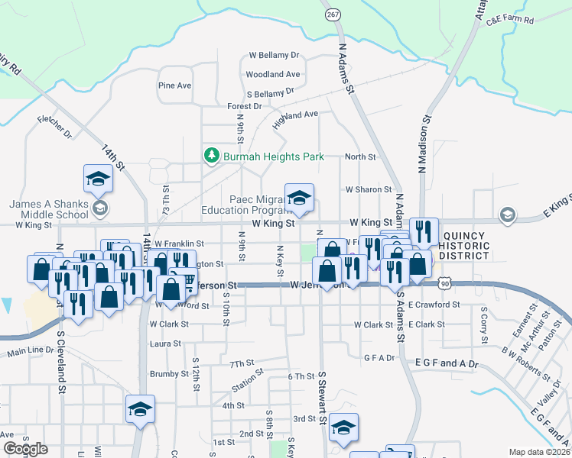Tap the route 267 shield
coord(333,15)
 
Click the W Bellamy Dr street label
coord(274,56)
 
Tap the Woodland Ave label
coord(272,75)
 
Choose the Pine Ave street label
coord(174,85)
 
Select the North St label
coord(360,156)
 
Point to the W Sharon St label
coord(368,189)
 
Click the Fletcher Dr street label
coord(54,127)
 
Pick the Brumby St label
coord(169,374)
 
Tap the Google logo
coord(25,449)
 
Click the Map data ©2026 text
coord(539,452)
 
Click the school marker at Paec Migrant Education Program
coord(300,198)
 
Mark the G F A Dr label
coord(379,357)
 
